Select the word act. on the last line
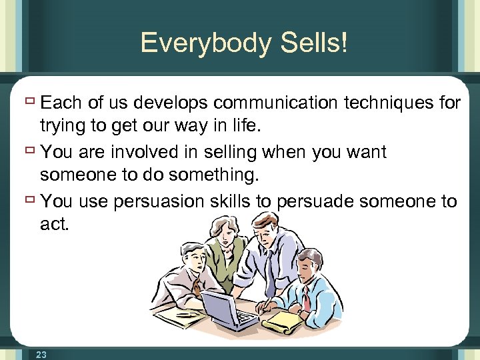(55, 225)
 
